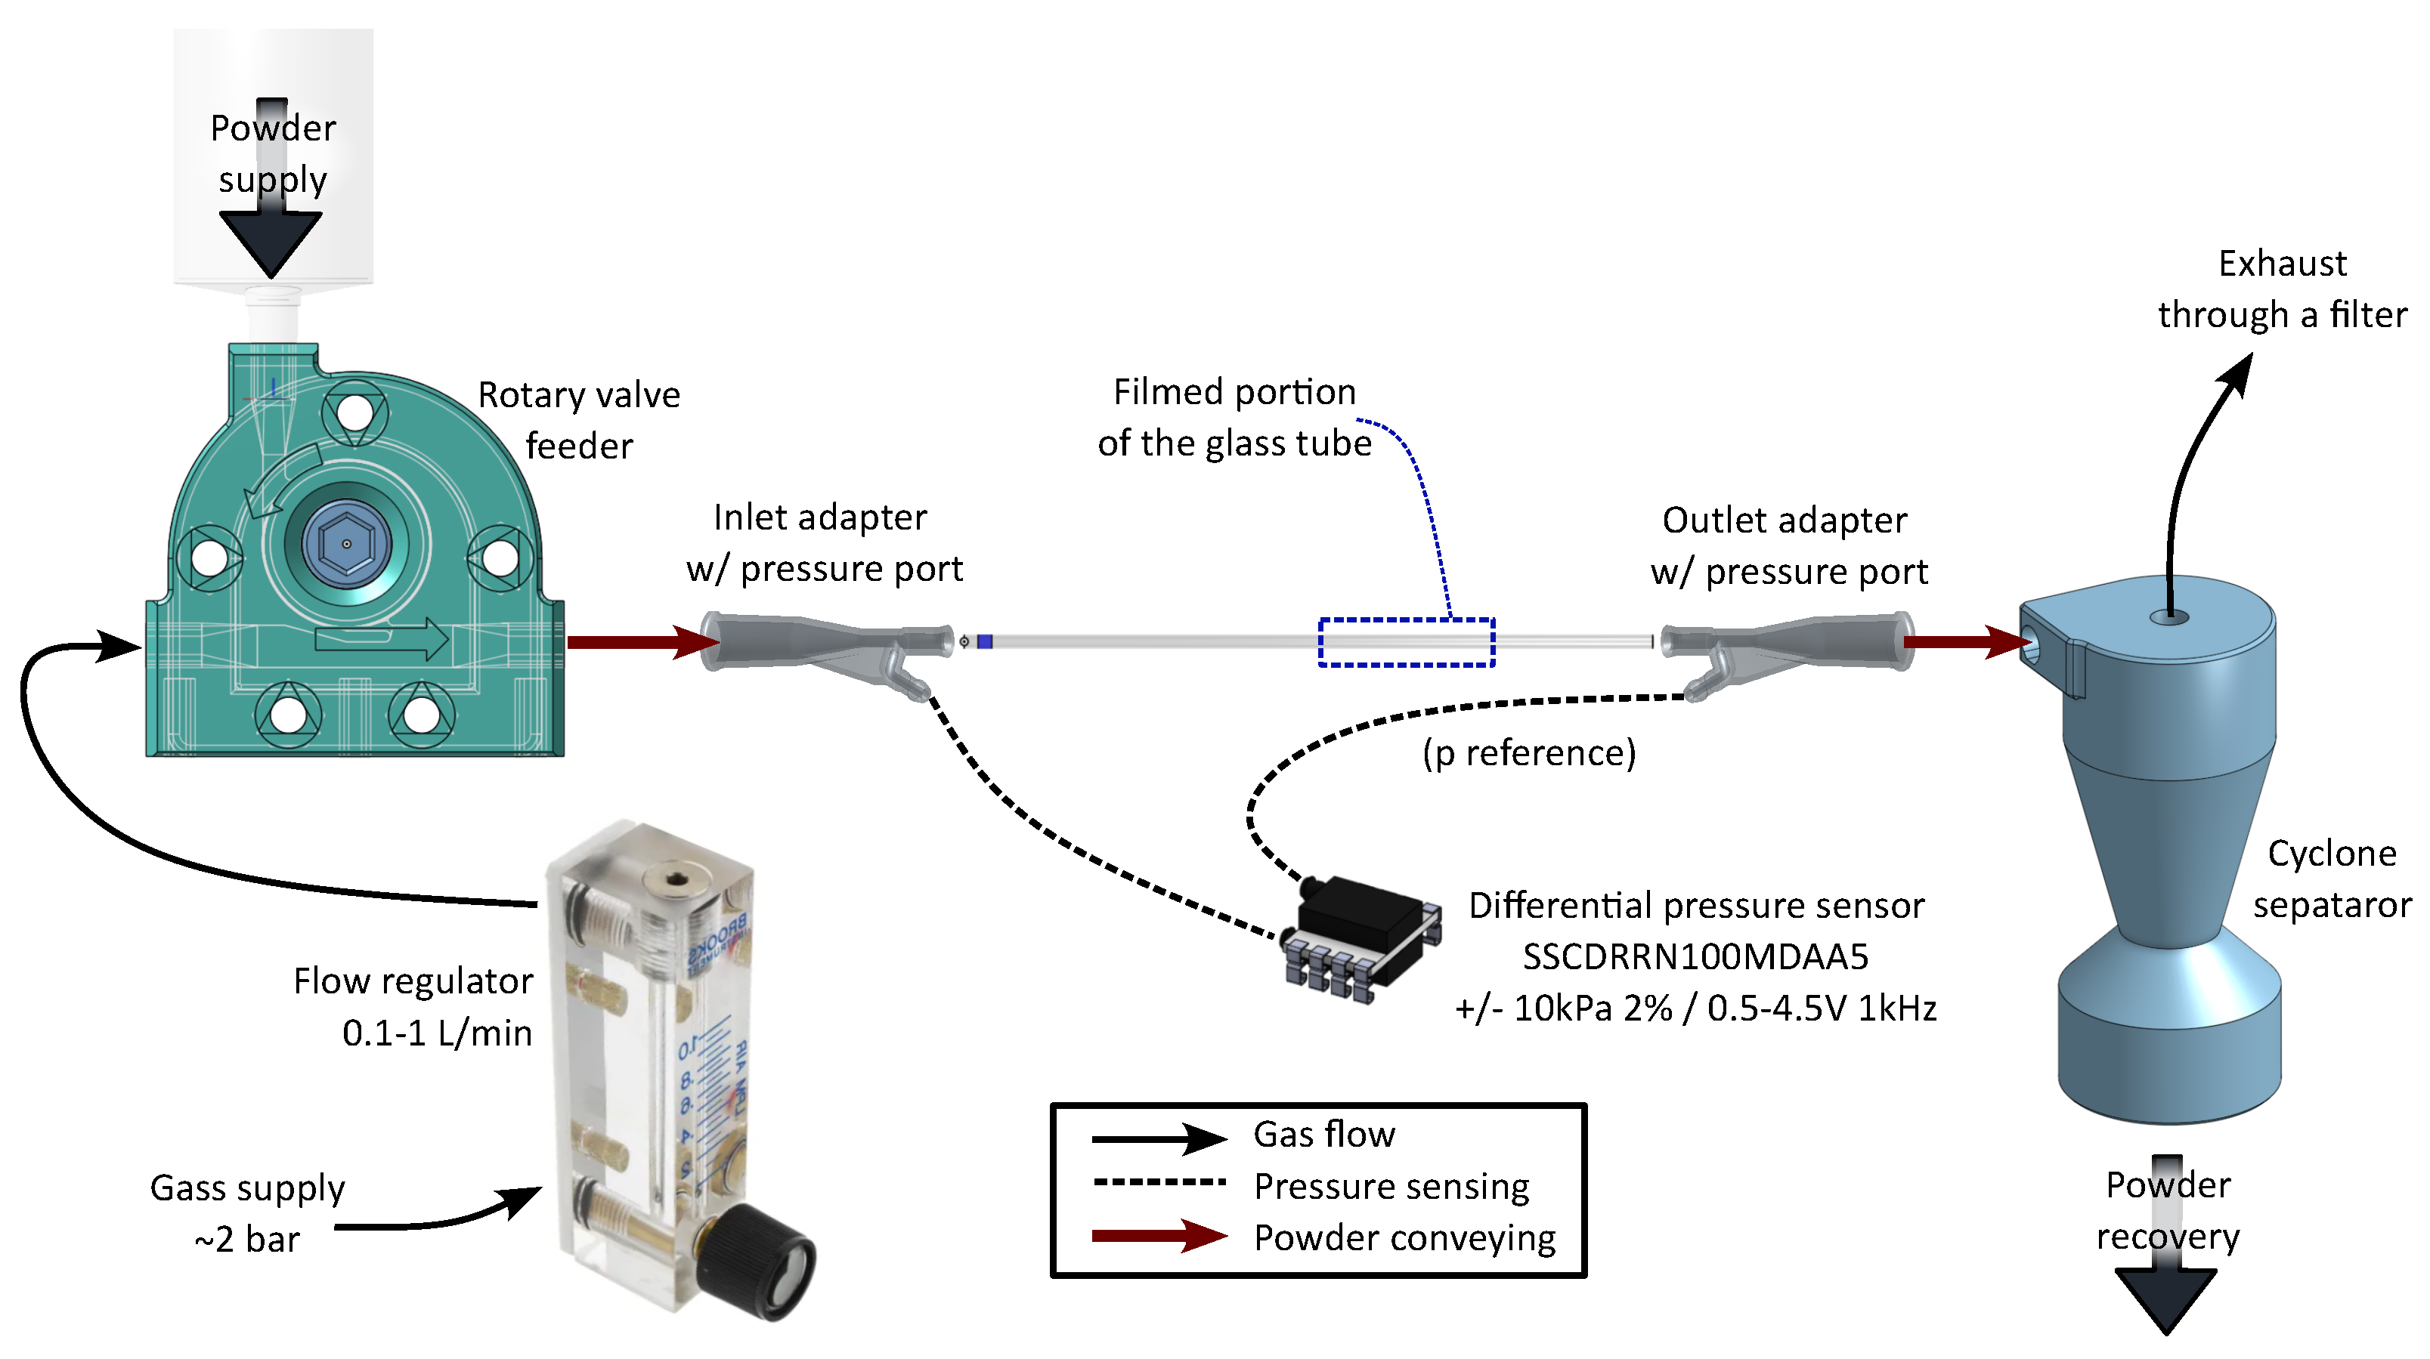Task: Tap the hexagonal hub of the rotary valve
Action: [x=346, y=544]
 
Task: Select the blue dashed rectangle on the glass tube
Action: [x=1406, y=642]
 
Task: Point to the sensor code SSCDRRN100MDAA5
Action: [x=1695, y=956]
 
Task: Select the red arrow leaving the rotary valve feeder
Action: [x=642, y=642]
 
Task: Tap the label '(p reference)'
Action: [x=1529, y=752]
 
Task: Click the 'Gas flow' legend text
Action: [x=1323, y=1134]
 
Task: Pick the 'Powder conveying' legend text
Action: [x=1404, y=1237]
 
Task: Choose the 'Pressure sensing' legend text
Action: [x=1391, y=1185]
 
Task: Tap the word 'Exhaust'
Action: [x=2282, y=263]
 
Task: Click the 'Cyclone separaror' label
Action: [x=2331, y=879]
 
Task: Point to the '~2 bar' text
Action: [x=247, y=1239]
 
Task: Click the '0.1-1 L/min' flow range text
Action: [x=437, y=1033]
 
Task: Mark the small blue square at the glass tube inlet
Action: [x=985, y=642]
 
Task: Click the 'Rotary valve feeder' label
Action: [x=578, y=420]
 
